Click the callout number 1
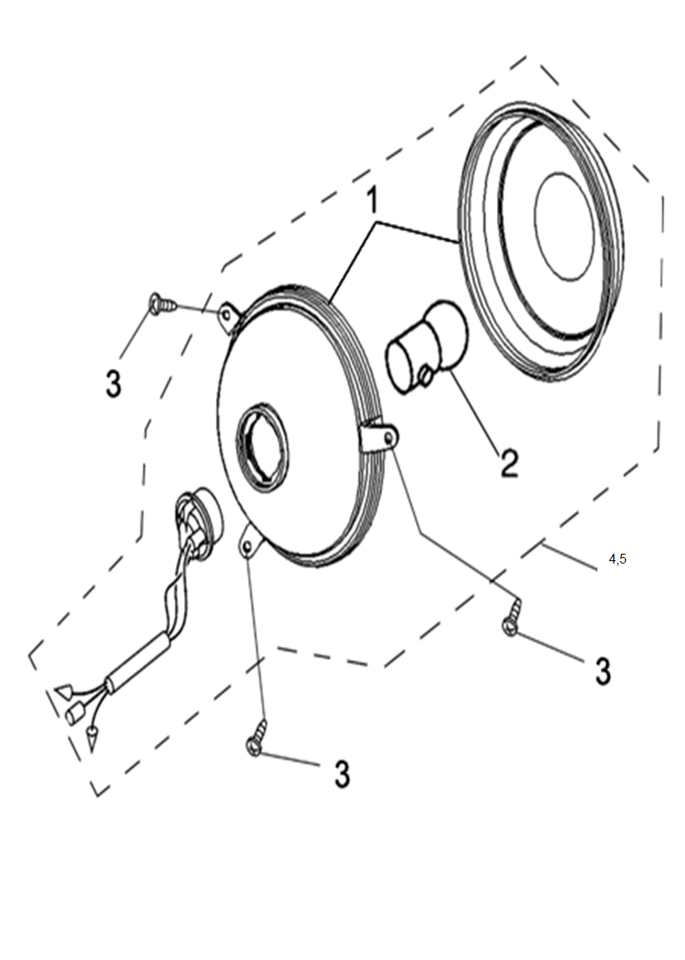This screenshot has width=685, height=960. click(371, 200)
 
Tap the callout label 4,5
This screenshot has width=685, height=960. click(618, 559)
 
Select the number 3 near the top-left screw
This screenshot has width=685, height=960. click(113, 384)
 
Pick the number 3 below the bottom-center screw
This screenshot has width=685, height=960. click(342, 774)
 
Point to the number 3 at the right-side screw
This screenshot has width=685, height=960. click(603, 671)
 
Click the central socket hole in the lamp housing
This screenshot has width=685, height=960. click(262, 450)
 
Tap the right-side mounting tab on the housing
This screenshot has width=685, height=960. click(379, 436)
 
